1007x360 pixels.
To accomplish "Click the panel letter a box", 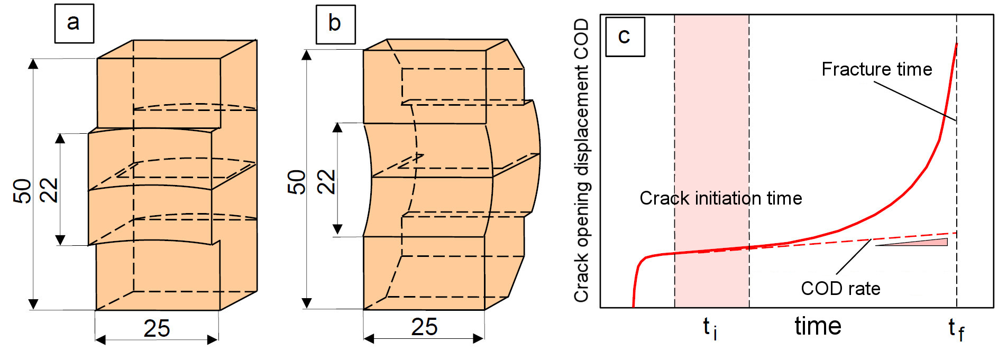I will click(74, 24).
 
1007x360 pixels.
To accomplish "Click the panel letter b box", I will click(335, 24).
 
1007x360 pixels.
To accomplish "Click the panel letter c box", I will click(625, 36).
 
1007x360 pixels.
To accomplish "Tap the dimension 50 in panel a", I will click(23, 191).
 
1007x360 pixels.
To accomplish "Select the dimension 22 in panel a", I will click(49, 190).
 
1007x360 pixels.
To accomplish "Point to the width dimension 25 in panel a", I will click(157, 328).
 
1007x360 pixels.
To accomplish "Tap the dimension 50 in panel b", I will click(297, 182).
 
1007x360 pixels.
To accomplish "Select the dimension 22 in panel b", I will click(326, 182).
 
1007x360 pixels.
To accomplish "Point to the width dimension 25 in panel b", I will click(424, 327).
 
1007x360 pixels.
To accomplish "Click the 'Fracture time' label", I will click(876, 69).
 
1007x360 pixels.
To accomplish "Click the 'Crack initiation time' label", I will click(720, 198).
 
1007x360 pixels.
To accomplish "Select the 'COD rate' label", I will click(840, 289).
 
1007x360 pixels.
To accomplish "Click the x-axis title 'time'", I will click(818, 326).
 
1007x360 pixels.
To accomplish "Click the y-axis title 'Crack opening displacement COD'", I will click(582, 160).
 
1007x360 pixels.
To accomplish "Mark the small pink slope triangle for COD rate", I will click(931, 243).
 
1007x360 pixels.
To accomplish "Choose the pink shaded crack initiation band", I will click(711, 132).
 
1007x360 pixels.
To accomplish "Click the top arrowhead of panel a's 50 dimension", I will click(33, 64).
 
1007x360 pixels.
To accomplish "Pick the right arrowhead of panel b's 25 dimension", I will click(479, 338).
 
